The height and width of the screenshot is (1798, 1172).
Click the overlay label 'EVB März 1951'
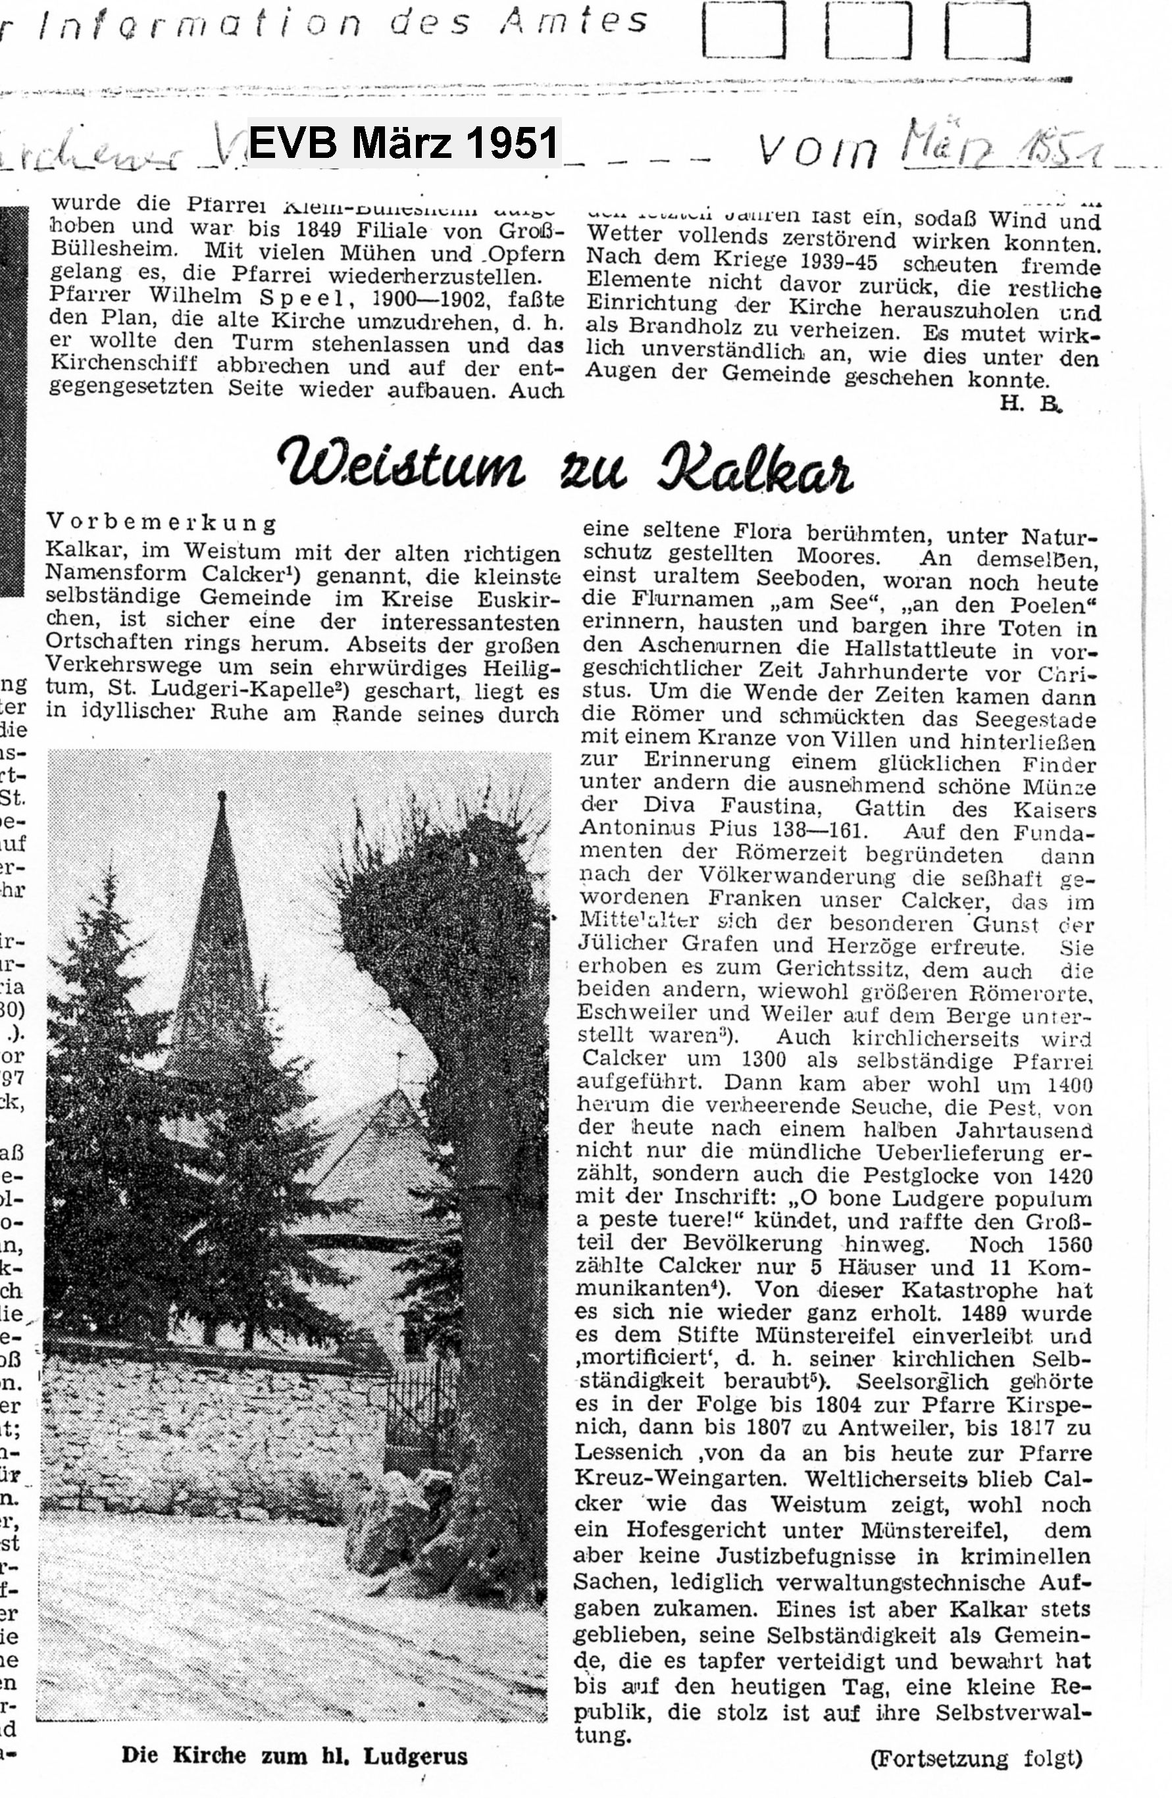(x=403, y=143)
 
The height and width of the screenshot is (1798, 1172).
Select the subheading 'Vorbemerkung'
(x=162, y=522)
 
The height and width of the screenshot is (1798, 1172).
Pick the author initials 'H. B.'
(x=1030, y=404)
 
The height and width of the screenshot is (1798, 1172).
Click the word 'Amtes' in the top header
(x=574, y=21)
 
